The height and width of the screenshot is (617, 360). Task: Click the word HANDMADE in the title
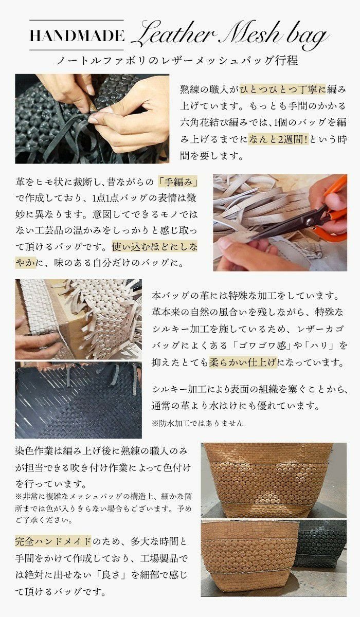coord(77,35)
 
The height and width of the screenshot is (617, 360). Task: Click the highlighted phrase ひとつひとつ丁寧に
coord(283,89)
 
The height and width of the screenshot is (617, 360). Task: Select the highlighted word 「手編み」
coord(178,182)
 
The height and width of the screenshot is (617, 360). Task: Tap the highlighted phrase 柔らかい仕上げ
coord(243,361)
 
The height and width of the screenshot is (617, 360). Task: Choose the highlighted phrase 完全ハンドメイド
coord(53,541)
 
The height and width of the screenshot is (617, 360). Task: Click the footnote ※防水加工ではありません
coord(197,423)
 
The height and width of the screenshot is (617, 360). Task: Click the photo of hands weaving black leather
coord(92,119)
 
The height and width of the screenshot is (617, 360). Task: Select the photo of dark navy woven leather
coord(79,400)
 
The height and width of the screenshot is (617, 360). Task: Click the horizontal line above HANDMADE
coord(77,20)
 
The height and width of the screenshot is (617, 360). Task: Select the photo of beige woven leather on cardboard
coord(79,319)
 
